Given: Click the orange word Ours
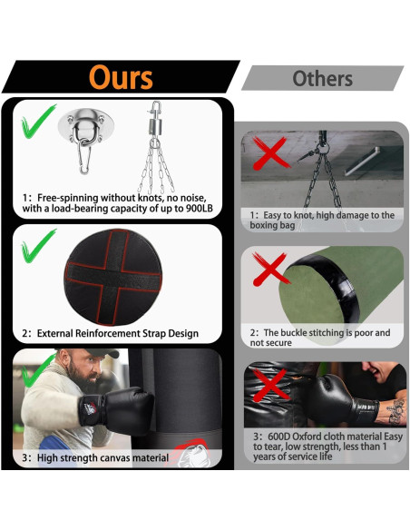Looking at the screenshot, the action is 121,77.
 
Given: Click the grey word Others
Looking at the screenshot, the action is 323,78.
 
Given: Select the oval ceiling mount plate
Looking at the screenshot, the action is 86,126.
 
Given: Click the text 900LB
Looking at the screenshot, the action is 200,208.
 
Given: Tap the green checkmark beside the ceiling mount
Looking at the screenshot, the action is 37,122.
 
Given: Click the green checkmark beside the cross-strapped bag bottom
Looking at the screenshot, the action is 37,246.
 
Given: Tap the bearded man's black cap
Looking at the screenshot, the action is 101,352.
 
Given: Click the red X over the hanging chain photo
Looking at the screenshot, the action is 270,152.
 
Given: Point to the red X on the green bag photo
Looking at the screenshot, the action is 270,269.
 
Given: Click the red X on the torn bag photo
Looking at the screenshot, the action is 270,385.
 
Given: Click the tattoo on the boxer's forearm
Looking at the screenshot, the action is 396,411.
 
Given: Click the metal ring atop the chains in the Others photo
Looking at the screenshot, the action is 323,148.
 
